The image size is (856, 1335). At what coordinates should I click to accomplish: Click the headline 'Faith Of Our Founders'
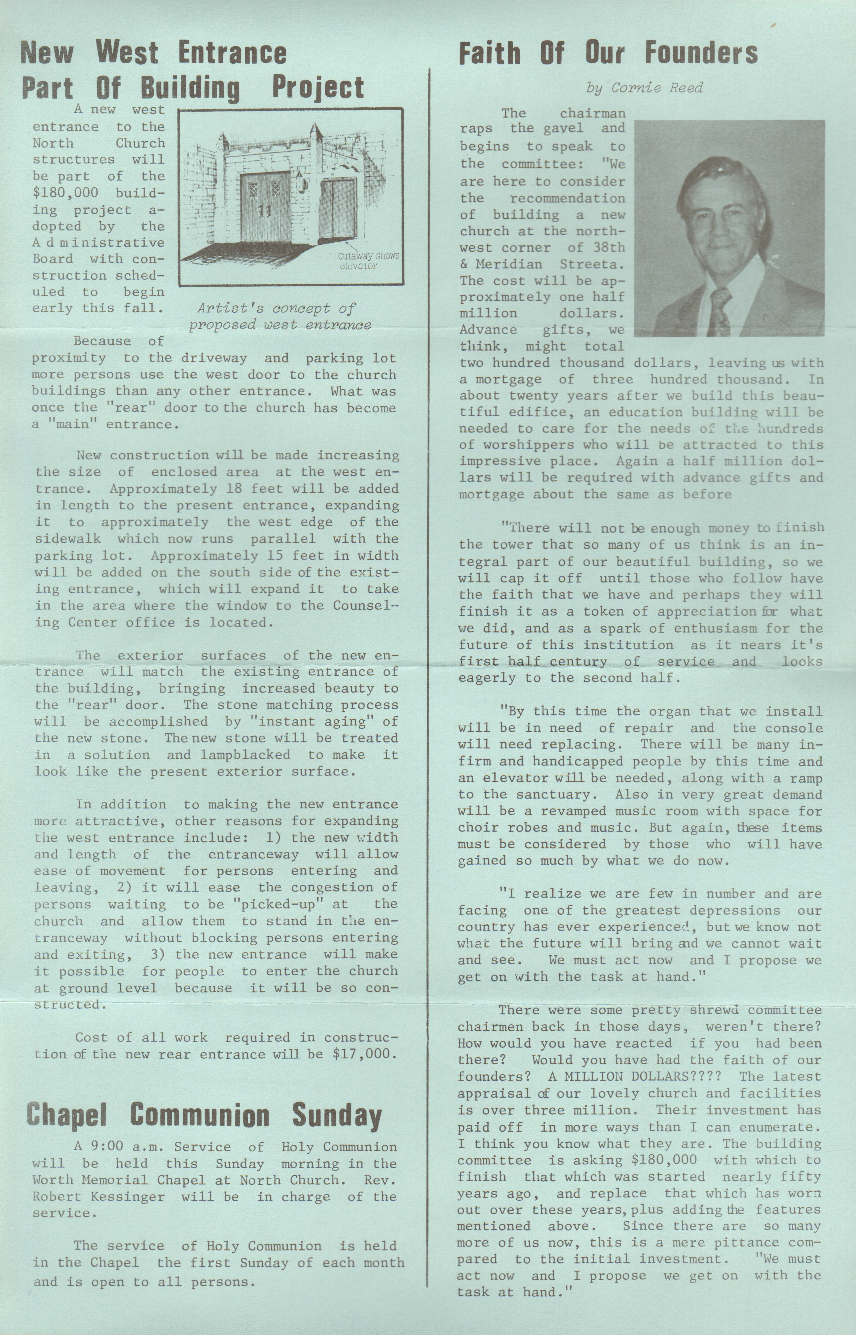[608, 53]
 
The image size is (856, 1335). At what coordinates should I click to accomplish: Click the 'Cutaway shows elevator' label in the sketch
[368, 260]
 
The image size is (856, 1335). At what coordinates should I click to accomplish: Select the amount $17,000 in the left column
[364, 1054]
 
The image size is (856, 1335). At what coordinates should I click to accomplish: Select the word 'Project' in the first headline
[317, 88]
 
